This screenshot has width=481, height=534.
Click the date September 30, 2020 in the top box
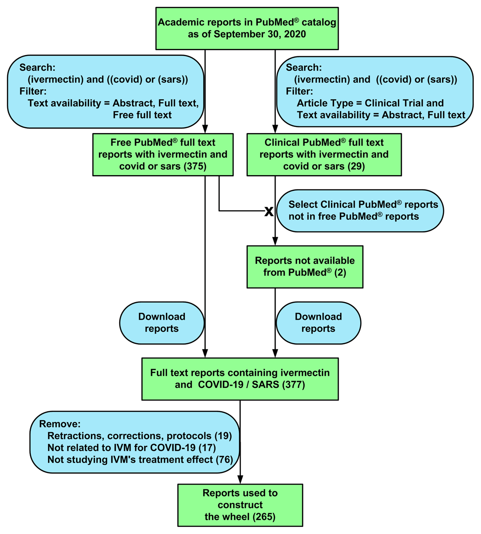[x=259, y=34]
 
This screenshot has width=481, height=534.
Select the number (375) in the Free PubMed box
[x=195, y=166]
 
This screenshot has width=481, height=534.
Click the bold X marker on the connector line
[x=269, y=211]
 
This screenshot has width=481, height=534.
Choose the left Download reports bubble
[x=162, y=323]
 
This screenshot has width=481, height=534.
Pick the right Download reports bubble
[x=318, y=323]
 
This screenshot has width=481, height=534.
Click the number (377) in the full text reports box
[x=293, y=385]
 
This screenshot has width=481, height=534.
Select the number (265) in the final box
[x=264, y=517]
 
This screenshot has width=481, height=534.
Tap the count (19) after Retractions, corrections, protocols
[x=223, y=436]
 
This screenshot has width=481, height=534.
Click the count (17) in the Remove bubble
[x=207, y=447]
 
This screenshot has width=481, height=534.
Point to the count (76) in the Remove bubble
[x=224, y=459]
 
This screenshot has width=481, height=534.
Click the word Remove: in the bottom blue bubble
[x=60, y=424]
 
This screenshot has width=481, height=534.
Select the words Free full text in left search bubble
[x=142, y=115]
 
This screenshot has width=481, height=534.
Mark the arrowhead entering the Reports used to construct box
[x=240, y=479]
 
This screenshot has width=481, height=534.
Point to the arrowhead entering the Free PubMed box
[x=205, y=129]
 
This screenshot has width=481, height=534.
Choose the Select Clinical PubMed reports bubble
[x=360, y=210]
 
